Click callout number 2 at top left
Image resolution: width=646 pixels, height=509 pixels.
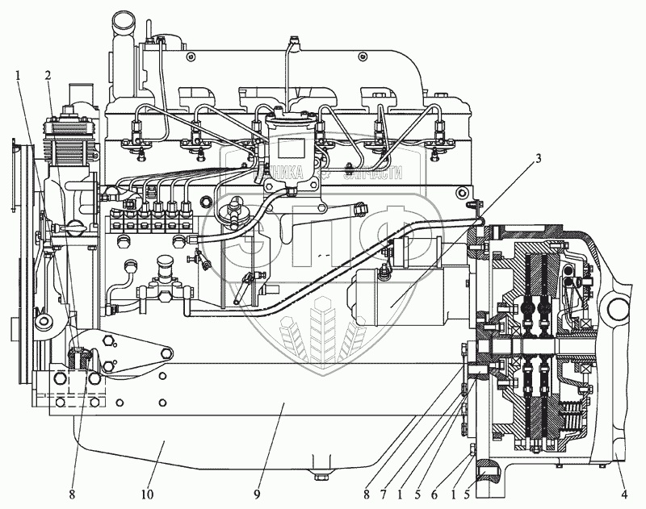[49, 76]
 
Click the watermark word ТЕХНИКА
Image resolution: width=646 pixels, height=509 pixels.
[279, 173]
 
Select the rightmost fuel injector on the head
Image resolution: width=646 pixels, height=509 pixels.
[441, 133]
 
